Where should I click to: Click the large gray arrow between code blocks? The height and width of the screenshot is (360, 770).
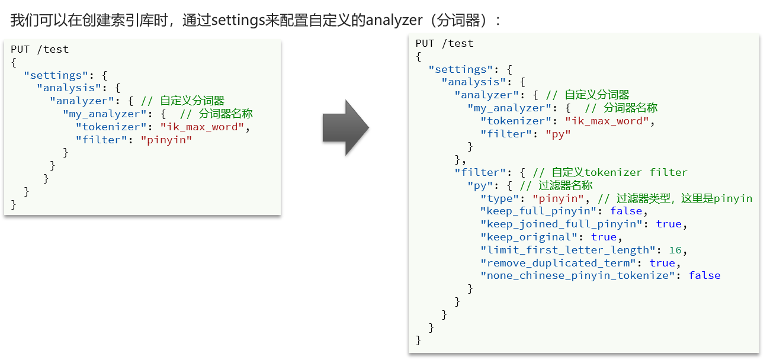click(345, 128)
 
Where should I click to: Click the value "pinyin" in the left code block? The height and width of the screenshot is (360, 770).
click(166, 140)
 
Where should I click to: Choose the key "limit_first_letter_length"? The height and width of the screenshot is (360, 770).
click(567, 250)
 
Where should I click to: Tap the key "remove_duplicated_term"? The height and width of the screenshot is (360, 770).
click(557, 263)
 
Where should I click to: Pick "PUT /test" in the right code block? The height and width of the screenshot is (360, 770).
click(445, 43)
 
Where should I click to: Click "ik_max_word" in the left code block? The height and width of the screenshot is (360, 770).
click(201, 127)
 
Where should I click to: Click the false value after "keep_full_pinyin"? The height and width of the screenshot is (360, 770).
click(626, 211)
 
